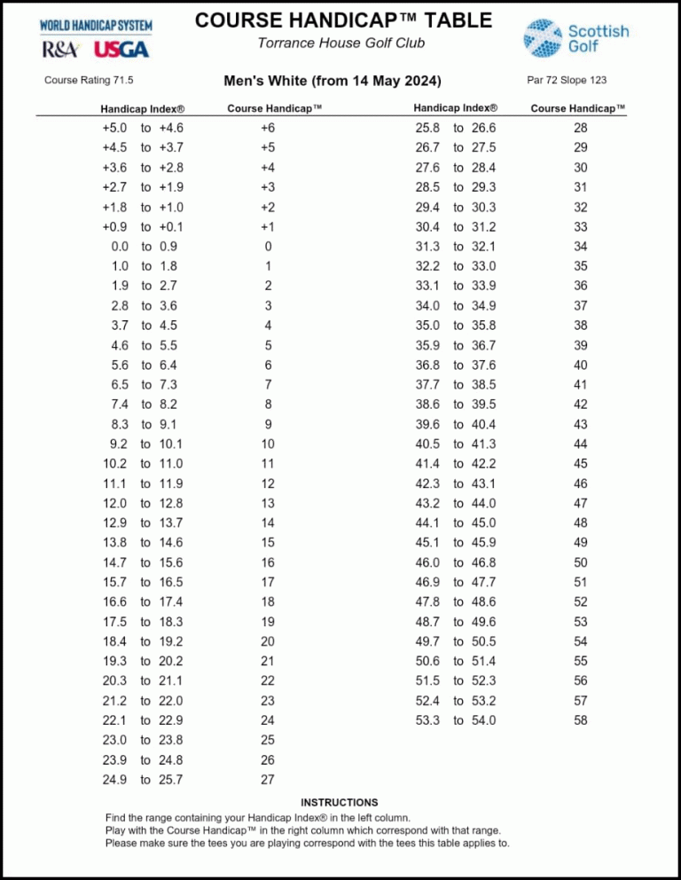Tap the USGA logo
tap(121, 50)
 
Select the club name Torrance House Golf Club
tap(340, 43)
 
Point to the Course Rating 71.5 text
tap(89, 81)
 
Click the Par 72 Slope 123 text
tap(567, 81)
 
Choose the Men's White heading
tap(340, 82)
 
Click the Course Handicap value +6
tap(268, 128)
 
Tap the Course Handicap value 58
tap(581, 720)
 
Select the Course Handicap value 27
tap(268, 780)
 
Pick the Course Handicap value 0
tap(268, 246)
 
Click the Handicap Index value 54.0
tap(483, 720)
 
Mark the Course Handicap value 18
tap(268, 601)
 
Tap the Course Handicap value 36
tap(581, 286)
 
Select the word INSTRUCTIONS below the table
tap(340, 802)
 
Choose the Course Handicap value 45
tap(581, 463)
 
